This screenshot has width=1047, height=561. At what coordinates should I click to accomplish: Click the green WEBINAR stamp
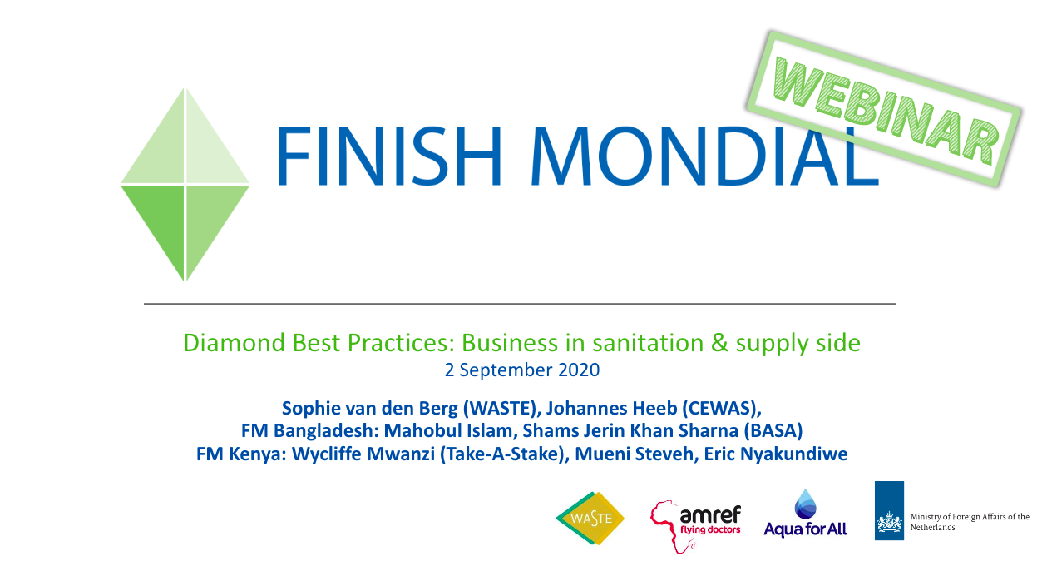coord(883,108)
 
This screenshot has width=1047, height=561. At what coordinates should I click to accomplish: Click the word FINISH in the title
coord(389,156)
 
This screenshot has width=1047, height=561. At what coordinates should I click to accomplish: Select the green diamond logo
coord(185,184)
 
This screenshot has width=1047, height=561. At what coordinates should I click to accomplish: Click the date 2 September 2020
coord(522,370)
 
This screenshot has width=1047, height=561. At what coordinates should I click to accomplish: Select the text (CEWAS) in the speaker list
coord(722,409)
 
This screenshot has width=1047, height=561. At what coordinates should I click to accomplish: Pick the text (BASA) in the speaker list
coord(773,431)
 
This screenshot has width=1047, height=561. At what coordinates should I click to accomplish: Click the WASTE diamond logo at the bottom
coord(590,518)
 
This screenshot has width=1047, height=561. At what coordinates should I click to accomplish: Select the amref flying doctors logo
coord(695,526)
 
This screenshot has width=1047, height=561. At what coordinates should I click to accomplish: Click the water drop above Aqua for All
coord(805,504)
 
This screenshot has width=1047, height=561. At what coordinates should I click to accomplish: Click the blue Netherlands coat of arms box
coord(889,510)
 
